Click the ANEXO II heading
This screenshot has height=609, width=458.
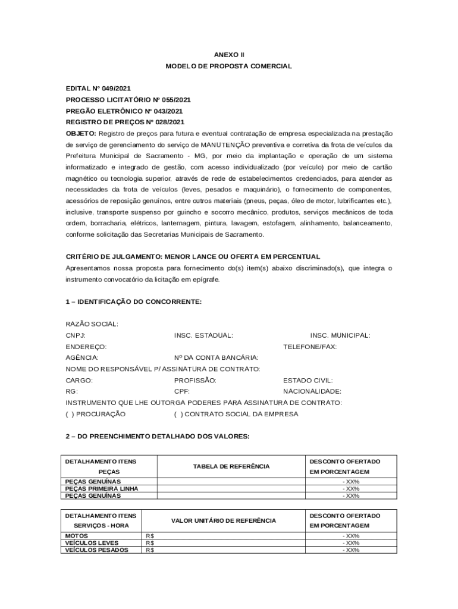[x=229, y=54]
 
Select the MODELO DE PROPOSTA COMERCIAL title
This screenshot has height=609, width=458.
[x=229, y=66]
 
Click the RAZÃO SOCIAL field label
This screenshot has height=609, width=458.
[x=92, y=324]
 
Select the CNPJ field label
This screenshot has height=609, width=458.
[x=76, y=335]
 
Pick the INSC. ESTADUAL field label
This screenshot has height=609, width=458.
[x=203, y=335]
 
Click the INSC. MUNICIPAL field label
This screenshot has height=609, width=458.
[x=340, y=335]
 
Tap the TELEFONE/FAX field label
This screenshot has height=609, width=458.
[x=310, y=347]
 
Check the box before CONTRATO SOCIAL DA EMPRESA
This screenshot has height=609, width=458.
[x=178, y=414]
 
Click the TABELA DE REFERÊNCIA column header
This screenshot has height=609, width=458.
[x=231, y=466]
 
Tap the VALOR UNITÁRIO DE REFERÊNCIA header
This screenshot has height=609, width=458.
[x=224, y=520]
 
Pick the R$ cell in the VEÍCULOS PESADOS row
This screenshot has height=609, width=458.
[x=150, y=550]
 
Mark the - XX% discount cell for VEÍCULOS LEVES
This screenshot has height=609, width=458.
[x=351, y=543]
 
